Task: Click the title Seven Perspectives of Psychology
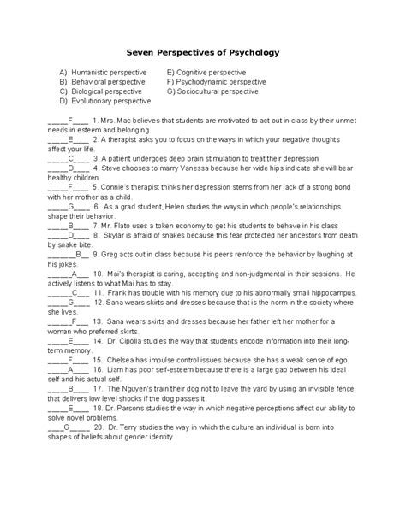(202, 53)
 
